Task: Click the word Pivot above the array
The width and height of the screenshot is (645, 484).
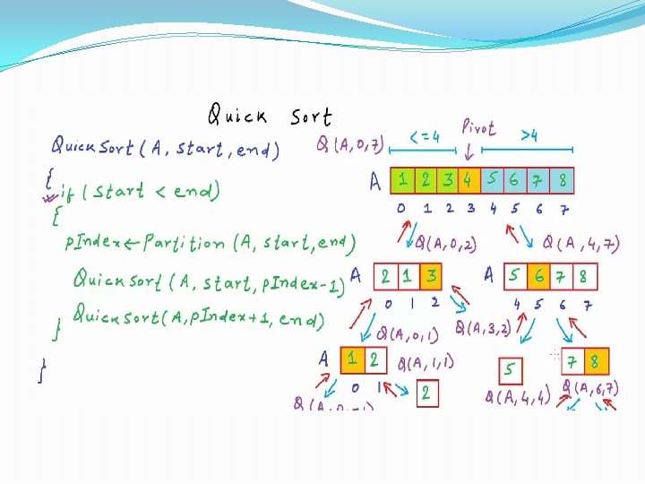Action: tap(479, 129)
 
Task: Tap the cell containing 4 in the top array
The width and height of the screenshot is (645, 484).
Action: tap(469, 179)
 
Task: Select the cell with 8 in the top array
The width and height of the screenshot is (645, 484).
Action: tap(562, 179)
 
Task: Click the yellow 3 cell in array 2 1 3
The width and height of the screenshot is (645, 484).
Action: tap(433, 275)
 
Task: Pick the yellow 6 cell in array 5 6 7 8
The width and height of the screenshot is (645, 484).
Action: tap(538, 275)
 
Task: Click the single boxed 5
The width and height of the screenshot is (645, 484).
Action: tap(510, 368)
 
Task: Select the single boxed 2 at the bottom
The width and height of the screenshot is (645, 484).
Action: tap(427, 393)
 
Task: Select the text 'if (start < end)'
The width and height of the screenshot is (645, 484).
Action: tap(139, 192)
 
